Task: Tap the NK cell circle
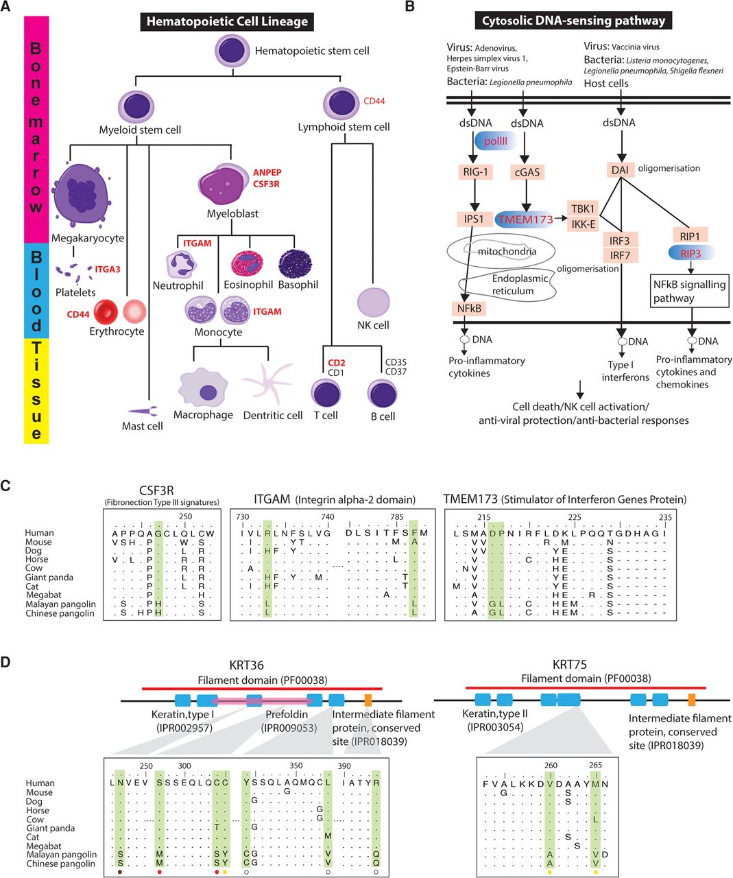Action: click(373, 302)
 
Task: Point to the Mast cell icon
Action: click(143, 410)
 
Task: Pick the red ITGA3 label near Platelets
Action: click(108, 270)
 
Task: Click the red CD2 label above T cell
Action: click(336, 362)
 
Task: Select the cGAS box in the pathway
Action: click(527, 172)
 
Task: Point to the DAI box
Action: click(621, 169)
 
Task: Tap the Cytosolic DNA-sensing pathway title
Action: click(573, 21)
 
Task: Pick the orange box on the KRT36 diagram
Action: click(368, 700)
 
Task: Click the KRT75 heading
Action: click(569, 665)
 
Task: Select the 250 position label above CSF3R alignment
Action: click(186, 517)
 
